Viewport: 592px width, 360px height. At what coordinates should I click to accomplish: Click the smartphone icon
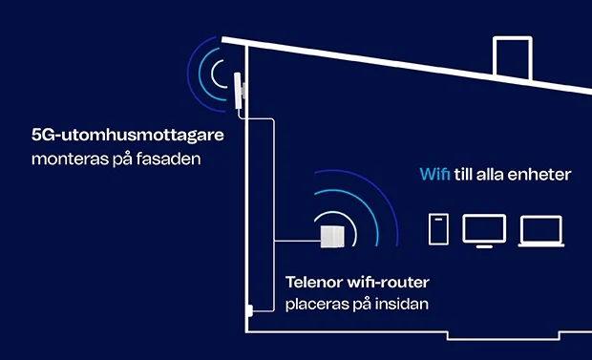tap(438, 229)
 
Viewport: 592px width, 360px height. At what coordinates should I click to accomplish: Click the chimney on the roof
tap(512, 59)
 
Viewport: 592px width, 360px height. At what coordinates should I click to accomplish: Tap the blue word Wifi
tap(434, 175)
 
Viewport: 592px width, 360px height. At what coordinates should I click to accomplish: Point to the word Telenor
tap(316, 283)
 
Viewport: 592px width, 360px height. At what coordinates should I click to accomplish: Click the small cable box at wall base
tap(247, 309)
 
